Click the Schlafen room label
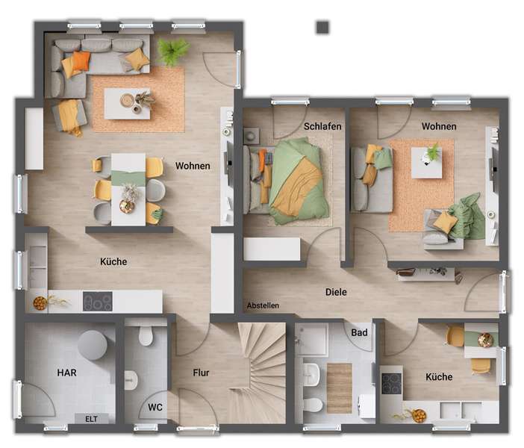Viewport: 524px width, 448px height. tap(322, 126)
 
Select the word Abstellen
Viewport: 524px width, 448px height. tap(263, 305)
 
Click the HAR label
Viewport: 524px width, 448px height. tap(67, 372)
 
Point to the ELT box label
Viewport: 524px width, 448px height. tap(92, 419)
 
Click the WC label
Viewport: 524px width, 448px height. tap(155, 407)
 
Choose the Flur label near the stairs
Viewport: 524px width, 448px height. tap(201, 373)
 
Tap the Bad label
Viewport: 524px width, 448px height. tap(360, 332)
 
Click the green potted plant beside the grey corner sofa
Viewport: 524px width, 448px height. tap(173, 51)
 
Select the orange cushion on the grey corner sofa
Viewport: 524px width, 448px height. tap(80, 60)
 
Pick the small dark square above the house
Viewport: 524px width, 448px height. tap(322, 27)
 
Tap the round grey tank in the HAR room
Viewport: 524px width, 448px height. tap(92, 345)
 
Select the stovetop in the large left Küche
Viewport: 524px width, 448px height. tap(97, 301)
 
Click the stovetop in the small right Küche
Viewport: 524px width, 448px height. tap(392, 383)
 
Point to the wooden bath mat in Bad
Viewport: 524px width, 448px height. tap(339, 388)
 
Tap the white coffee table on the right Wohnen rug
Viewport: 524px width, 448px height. tap(426, 162)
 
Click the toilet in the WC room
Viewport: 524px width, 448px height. tap(146, 337)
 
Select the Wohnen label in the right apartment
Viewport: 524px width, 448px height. tap(439, 126)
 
